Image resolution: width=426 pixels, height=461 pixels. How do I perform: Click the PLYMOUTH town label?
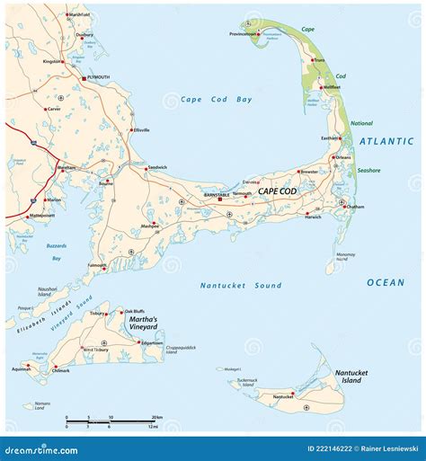point(98,78)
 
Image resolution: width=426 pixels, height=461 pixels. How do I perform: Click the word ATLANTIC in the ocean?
point(386,142)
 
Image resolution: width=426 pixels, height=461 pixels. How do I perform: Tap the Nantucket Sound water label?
point(240,286)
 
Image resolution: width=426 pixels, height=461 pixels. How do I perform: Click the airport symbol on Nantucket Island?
point(308,407)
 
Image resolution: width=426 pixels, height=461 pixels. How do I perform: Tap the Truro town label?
point(318,60)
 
